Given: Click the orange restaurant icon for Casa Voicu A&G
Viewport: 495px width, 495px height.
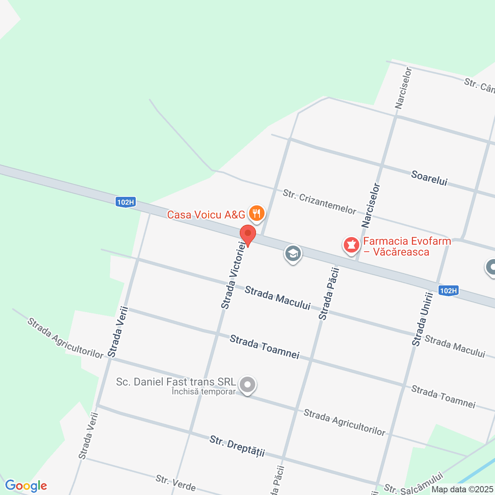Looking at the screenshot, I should point(256,213).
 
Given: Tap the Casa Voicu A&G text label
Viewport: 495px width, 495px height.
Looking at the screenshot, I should point(206,215).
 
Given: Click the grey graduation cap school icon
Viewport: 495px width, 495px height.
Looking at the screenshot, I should point(293,254).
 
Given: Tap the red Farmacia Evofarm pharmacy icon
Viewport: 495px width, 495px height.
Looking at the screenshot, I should point(352,245).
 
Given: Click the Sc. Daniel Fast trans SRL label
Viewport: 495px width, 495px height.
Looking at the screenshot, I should point(176,382).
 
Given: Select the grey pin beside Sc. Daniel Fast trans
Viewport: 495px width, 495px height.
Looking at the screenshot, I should point(247,385).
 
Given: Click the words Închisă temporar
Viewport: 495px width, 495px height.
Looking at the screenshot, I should point(204,392).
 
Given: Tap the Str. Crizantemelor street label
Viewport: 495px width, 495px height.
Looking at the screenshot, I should point(319,201).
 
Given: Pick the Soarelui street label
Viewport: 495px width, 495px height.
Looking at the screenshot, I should point(429,178).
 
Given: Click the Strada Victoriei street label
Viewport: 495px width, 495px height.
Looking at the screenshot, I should point(233,275).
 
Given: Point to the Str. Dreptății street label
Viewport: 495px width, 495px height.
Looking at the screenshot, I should point(237,446).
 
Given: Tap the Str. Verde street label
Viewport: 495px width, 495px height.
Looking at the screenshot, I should point(176,483).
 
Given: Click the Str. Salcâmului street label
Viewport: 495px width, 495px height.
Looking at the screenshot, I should point(413,485).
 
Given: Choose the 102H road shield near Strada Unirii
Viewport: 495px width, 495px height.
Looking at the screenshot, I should point(449,291).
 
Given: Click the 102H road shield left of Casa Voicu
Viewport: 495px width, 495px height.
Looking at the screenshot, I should point(126,202).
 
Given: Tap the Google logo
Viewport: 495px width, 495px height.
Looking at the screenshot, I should point(26,486).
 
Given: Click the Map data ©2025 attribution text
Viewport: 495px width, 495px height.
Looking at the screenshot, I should point(463,490).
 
